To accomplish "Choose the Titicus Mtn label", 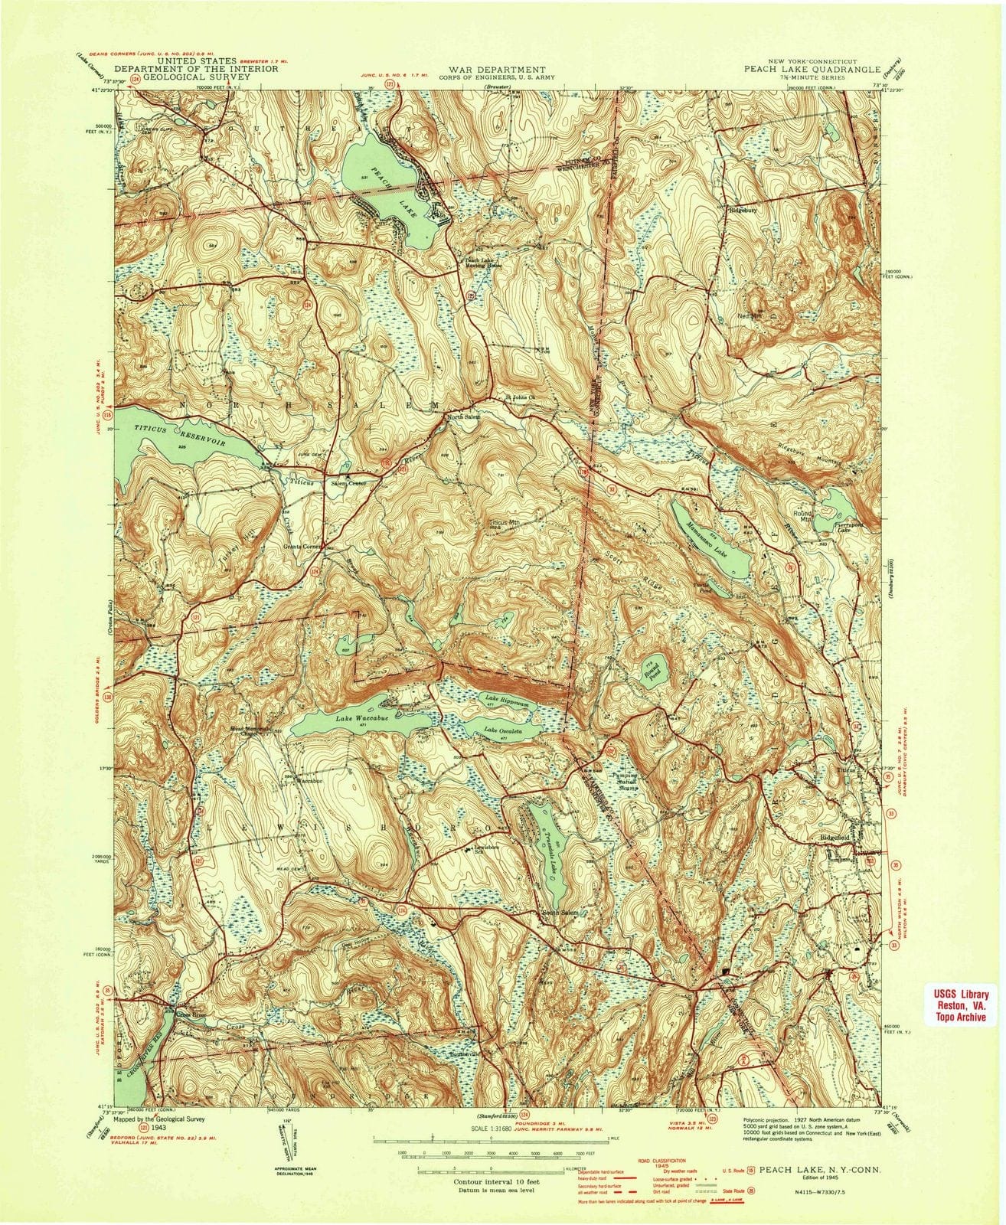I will point(505,523).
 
